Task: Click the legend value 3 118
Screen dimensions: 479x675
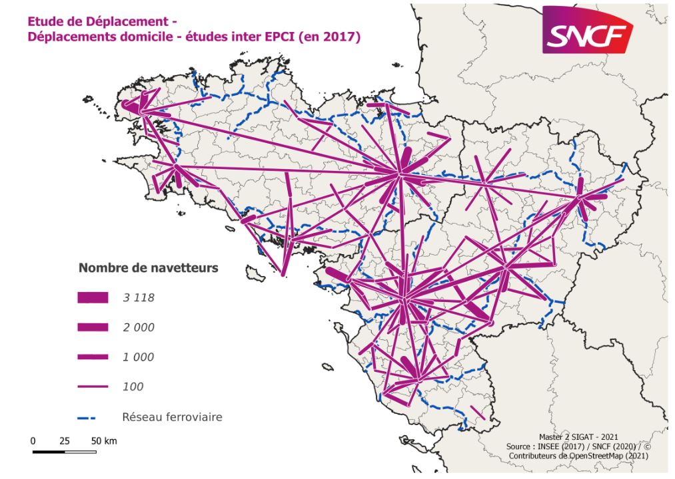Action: pos(139,298)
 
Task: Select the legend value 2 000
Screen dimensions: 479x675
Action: pos(139,327)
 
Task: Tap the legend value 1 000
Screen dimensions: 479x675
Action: pos(139,357)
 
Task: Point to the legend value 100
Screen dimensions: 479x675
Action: pos(133,386)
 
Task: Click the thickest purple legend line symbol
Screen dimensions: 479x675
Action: pos(92,298)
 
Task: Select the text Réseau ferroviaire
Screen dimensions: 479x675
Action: pos(171,418)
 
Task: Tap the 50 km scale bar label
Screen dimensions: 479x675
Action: pos(104,441)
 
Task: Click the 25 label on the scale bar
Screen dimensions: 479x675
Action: pos(65,441)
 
